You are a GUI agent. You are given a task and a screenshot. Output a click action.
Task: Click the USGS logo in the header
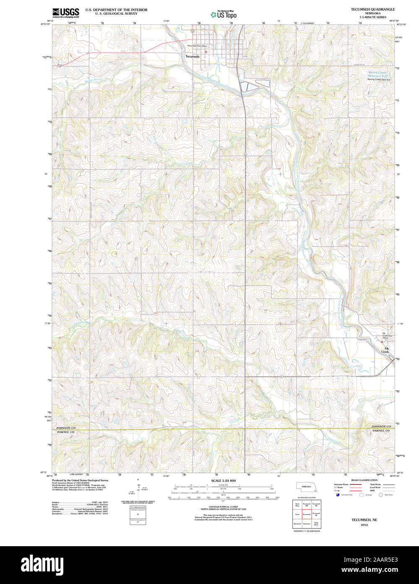[x=65, y=13]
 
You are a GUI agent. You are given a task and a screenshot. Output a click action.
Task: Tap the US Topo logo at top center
[x=223, y=15]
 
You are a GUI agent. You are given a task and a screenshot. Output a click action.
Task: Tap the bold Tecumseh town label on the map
[x=193, y=56]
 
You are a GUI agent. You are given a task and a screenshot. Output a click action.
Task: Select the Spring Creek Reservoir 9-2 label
[x=379, y=74]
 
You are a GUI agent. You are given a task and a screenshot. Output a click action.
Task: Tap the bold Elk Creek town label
[x=384, y=350]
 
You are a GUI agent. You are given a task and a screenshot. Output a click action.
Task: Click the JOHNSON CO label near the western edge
[x=66, y=427]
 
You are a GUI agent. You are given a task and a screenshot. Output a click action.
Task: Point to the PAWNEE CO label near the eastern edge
[x=380, y=431]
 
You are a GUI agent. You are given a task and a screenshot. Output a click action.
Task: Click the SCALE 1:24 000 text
[x=223, y=480]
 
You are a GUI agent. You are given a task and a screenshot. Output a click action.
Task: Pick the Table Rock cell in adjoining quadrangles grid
[x=316, y=524]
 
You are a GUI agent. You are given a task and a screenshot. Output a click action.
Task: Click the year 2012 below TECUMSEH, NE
[x=364, y=525]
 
